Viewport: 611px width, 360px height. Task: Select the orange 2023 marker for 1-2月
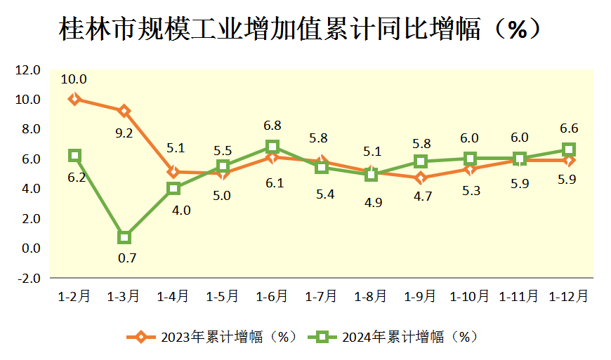[74, 99]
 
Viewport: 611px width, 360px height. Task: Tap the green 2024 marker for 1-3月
[124, 237]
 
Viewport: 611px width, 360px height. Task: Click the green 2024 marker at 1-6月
[272, 147]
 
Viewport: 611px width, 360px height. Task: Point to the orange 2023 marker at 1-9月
[421, 178]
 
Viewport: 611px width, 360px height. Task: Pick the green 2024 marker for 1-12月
[569, 149]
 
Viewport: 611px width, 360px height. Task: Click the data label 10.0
[74, 79]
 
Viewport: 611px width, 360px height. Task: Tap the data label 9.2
[124, 132]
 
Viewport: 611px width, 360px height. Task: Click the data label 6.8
[272, 126]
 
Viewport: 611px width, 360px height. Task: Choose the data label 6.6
[570, 129]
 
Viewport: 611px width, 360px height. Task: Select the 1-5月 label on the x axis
[223, 296]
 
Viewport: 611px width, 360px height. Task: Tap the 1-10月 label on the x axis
[470, 296]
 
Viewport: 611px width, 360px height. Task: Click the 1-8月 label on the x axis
[371, 296]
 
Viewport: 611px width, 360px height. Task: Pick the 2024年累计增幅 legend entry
[393, 337]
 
